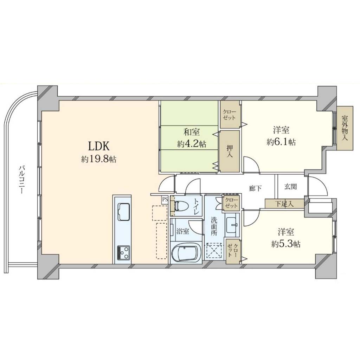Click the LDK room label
coord(99,146)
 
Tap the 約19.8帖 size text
coord(99,159)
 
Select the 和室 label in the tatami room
coord(192,132)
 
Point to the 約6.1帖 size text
coord(281,142)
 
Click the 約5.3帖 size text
coord(286,244)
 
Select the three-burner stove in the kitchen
coord(123,253)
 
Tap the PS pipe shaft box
coord(165,199)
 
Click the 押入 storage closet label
coord(230,151)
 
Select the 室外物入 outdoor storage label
coord(345,128)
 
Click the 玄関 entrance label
coord(290,187)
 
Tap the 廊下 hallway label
coord(255,188)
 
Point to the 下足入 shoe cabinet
coord(285,204)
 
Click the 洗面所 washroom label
coord(214,226)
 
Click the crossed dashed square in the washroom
coord(214,251)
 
